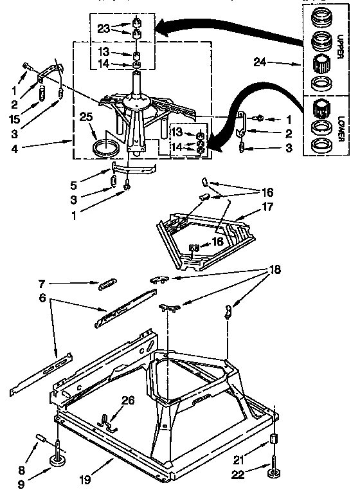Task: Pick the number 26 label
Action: pyautogui.click(x=129, y=399)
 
